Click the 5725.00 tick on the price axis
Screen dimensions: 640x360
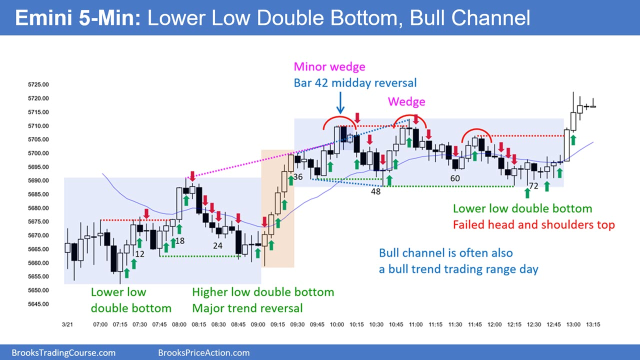[x=38, y=84]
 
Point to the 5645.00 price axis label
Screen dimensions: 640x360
[x=38, y=304]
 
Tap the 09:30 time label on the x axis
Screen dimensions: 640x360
[x=297, y=324]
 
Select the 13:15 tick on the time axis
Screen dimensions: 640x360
[x=593, y=324]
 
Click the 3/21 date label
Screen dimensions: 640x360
[x=67, y=324]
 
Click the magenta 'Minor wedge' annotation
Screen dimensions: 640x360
[x=329, y=66]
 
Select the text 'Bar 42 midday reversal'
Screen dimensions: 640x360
[x=355, y=83]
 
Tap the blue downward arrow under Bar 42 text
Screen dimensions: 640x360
[x=340, y=103]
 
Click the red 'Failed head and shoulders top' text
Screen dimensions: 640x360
[x=533, y=225]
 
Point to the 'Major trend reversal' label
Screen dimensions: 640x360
[x=247, y=308]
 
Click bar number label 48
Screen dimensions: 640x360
[x=375, y=191]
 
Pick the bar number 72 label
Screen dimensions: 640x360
[x=533, y=186]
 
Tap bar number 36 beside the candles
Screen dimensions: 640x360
[x=297, y=177]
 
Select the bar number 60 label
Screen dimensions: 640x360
[x=455, y=178]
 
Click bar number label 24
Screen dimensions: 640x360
[x=217, y=245]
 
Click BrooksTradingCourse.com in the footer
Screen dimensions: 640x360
[x=63, y=353]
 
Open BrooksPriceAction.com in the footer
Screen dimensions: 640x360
[x=203, y=353]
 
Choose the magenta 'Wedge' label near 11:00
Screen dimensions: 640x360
[x=406, y=101]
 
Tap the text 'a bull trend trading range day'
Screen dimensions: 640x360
[x=458, y=269]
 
